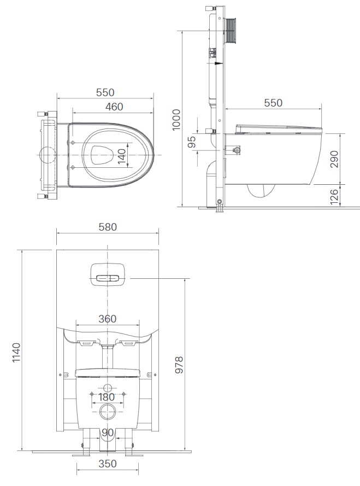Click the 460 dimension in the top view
point(114,107)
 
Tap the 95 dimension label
point(191,143)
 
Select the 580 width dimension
point(108,226)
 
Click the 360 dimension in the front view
point(108,319)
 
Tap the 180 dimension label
point(107,397)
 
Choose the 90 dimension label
point(108,433)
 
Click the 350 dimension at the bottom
point(108,464)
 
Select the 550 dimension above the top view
point(105,92)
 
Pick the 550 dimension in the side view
point(273,103)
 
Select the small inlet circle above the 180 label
point(108,389)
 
